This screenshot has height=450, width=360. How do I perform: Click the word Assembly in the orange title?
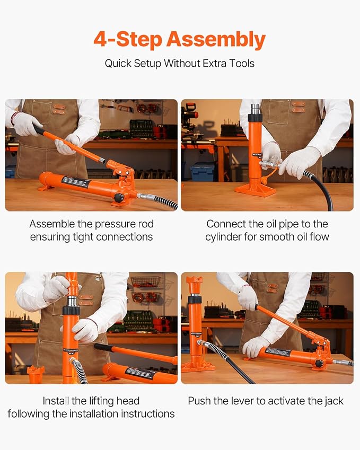pos(216,40)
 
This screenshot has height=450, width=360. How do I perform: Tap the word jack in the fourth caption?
pos(334,401)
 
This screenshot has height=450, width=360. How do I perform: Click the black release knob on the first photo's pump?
pos(118,198)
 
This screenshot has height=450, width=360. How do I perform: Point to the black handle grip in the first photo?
pos(39,129)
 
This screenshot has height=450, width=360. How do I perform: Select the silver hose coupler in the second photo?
pos(270,164)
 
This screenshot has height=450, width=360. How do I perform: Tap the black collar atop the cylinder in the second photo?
pos(255,117)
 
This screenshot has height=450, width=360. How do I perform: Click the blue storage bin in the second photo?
pos(203,172)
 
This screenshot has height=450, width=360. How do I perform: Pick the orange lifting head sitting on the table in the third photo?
pos(36,374)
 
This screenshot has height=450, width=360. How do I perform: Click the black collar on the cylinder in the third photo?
pos(71,311)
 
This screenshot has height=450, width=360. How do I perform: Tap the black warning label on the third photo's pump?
pos(141,373)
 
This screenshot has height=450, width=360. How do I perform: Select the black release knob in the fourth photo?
pos(319,364)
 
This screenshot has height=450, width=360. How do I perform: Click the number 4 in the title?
pos(100,39)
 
